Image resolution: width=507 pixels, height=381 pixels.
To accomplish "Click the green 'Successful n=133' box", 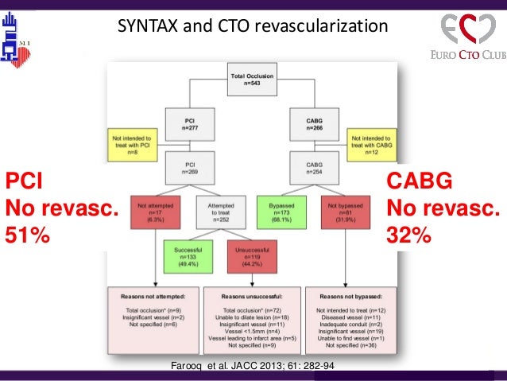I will click(x=184, y=259).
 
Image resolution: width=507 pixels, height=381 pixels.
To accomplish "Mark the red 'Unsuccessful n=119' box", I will click(x=251, y=259).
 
